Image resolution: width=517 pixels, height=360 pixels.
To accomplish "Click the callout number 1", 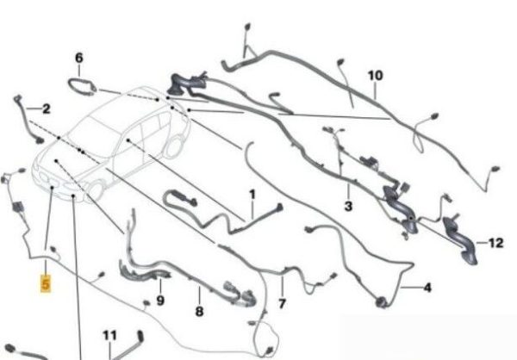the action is (x=252, y=195).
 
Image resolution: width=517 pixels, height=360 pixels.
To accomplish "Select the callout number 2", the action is (x=47, y=109).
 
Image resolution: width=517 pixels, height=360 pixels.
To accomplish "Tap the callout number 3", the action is (x=348, y=207).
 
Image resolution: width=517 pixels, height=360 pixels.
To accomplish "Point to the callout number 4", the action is (x=427, y=288).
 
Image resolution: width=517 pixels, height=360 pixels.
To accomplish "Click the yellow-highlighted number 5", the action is (x=46, y=283).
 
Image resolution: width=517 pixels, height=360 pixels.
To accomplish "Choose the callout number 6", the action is (x=79, y=58).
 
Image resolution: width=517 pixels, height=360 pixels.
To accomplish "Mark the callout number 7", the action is (x=282, y=304).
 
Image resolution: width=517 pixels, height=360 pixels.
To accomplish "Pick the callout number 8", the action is (x=199, y=311).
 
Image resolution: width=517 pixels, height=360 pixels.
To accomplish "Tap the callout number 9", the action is (x=160, y=301).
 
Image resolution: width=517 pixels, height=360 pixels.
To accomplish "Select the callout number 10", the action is (x=375, y=76).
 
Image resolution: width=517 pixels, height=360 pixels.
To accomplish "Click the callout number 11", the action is (x=109, y=336).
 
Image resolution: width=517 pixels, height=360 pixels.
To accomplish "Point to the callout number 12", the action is (x=496, y=243).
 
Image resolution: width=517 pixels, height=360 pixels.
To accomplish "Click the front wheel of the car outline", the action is (x=96, y=190).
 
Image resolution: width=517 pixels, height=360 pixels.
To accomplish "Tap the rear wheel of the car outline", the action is (x=174, y=146).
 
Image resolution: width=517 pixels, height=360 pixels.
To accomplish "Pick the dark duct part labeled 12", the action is (x=460, y=239).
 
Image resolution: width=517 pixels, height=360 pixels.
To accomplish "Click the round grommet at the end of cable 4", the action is (x=382, y=302).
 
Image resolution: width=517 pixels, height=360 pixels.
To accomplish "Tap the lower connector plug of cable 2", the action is (x=40, y=140).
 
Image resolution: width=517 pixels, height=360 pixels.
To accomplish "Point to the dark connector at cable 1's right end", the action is (x=279, y=208).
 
